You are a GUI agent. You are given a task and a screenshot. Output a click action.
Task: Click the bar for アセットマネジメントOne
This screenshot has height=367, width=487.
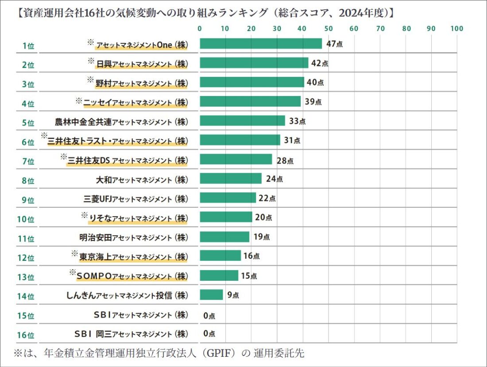pyautogui.click(x=261, y=44)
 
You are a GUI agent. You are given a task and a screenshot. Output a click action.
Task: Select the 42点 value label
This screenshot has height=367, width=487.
pyautogui.click(x=320, y=63)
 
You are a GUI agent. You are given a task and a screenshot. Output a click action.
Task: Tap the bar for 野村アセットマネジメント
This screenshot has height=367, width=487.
pyautogui.click(x=252, y=82)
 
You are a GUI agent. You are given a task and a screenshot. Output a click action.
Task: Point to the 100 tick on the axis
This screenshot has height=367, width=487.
pyautogui.click(x=456, y=29)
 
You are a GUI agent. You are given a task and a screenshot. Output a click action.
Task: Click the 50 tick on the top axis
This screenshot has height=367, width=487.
pyautogui.click(x=329, y=29)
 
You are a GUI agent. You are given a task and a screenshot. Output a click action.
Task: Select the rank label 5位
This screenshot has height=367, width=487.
pyautogui.click(x=28, y=122)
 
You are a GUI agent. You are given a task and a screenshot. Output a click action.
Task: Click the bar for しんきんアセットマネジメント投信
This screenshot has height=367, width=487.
pyautogui.click(x=211, y=294)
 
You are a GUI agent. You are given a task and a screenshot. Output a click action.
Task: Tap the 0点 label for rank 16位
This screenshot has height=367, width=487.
pyautogui.click(x=209, y=333)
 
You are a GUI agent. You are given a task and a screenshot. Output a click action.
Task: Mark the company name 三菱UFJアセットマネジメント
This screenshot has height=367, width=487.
pyautogui.click(x=136, y=199)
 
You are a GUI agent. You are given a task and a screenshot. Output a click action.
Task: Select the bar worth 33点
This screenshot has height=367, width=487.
pyautogui.click(x=242, y=121)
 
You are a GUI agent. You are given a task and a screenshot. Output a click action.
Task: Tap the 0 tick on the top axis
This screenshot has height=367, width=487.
pyautogui.click(x=200, y=29)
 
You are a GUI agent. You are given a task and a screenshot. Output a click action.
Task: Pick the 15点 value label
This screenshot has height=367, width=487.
pyautogui.click(x=249, y=276)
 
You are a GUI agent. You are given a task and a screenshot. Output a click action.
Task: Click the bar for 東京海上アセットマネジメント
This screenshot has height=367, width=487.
pyautogui.click(x=220, y=256)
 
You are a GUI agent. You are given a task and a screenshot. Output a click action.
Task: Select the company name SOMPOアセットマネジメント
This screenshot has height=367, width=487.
pyautogui.click(x=132, y=276)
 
